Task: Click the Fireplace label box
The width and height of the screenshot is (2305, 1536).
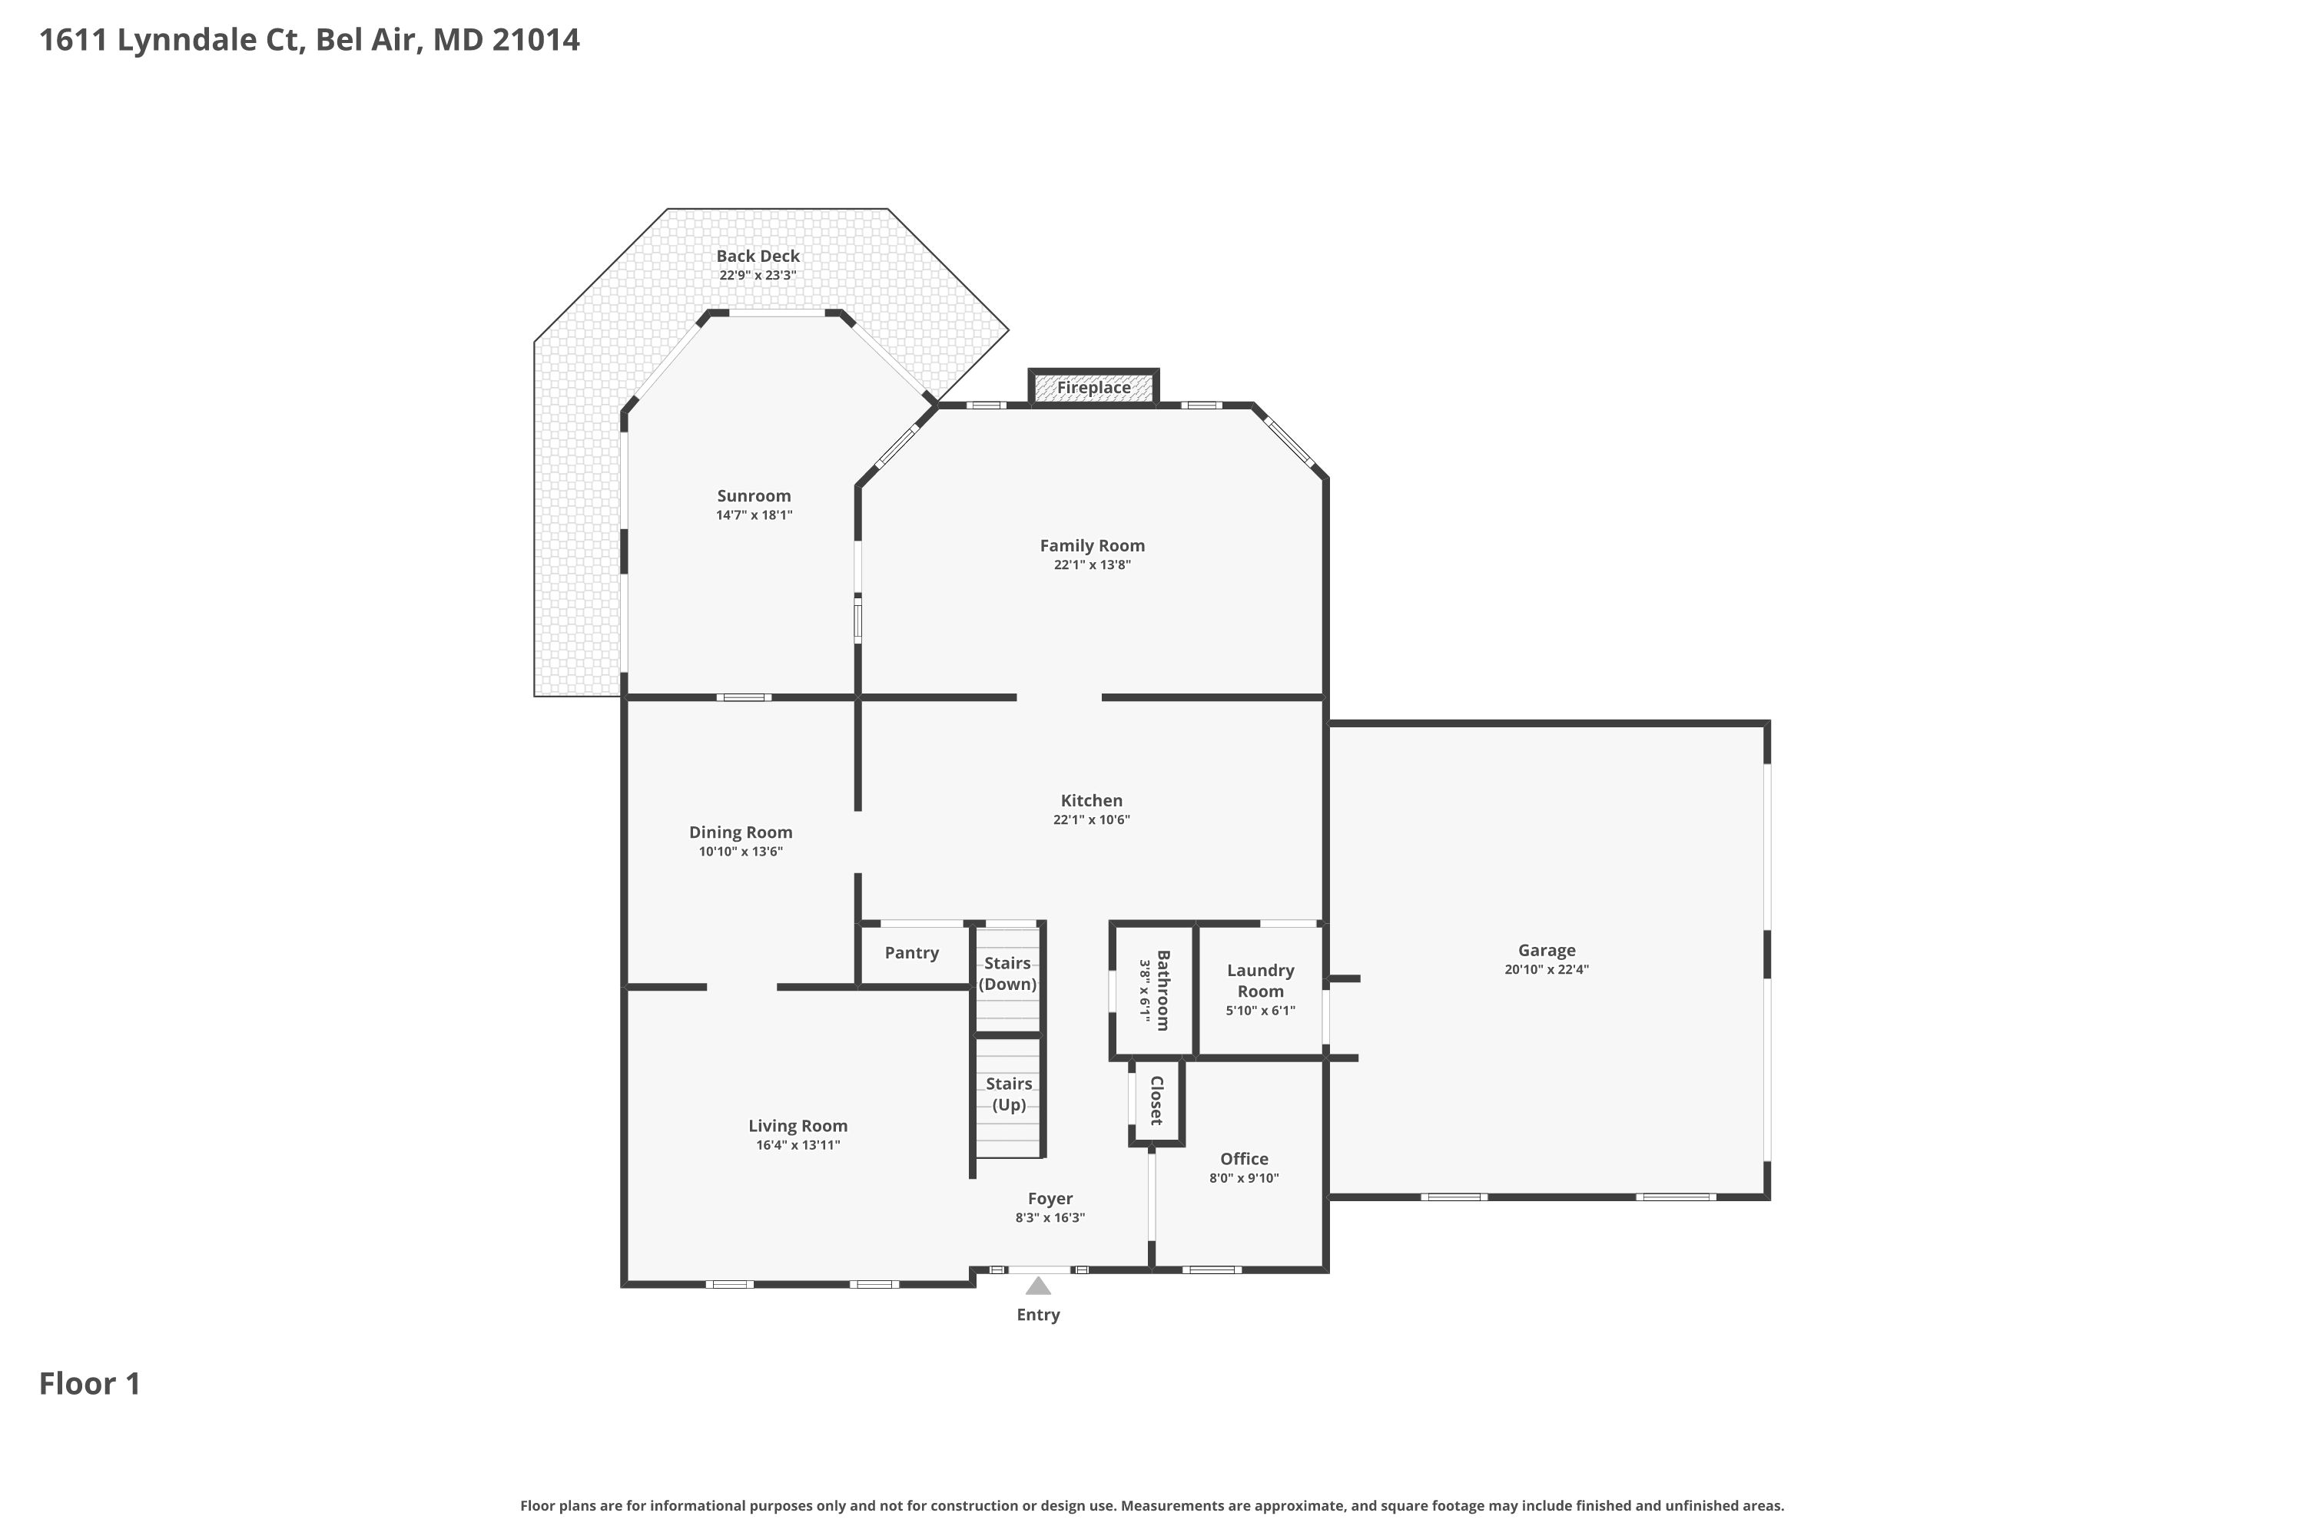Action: point(1093,387)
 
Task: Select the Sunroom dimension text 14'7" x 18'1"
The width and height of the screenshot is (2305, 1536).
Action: point(754,515)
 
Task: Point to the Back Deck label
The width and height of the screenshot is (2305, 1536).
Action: point(758,257)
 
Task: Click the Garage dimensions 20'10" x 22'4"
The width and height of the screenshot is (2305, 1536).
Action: point(1547,970)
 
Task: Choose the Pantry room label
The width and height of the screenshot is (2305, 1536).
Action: point(911,953)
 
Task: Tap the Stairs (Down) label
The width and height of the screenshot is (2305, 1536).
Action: point(1007,974)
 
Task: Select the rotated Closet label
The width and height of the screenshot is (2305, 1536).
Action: point(1156,1100)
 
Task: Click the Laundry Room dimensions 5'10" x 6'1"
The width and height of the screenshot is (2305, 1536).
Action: point(1260,1011)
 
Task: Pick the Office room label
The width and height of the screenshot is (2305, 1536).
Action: point(1244,1159)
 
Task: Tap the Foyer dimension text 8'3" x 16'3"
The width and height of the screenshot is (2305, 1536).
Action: point(1050,1217)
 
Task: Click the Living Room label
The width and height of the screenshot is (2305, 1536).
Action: point(798,1127)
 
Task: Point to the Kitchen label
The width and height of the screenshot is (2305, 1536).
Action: point(1092,800)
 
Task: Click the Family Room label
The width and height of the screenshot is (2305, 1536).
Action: point(1092,545)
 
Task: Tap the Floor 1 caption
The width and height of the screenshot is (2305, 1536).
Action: point(90,1384)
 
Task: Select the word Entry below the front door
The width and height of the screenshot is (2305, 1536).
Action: point(1038,1316)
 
